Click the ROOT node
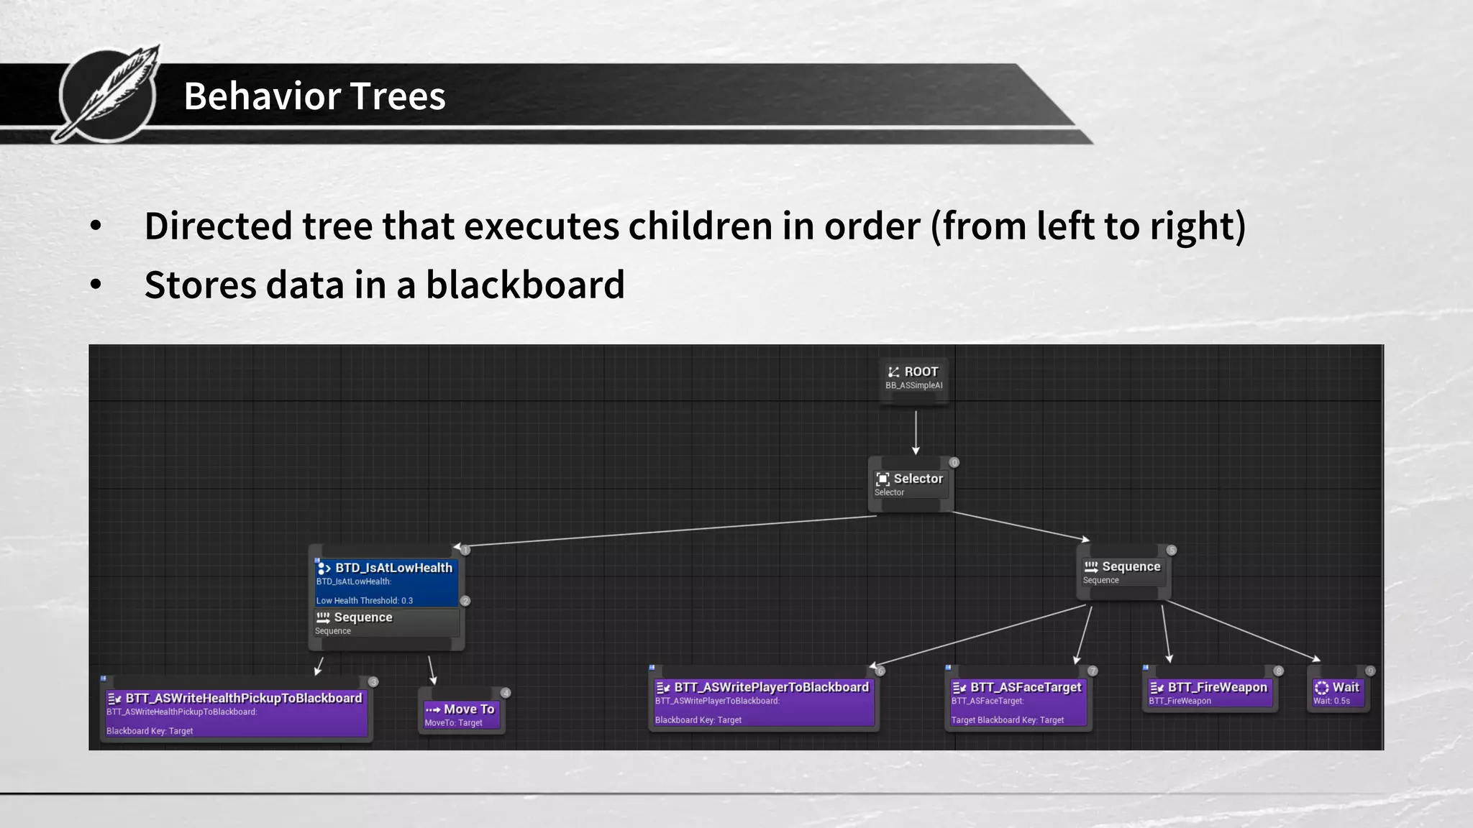click(x=913, y=377)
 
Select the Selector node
click(x=909, y=484)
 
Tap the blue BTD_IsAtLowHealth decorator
click(x=386, y=581)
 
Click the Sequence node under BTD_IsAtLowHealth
click(x=386, y=622)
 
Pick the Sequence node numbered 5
click(x=1123, y=572)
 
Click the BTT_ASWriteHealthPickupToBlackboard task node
click(x=236, y=712)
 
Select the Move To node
click(x=460, y=714)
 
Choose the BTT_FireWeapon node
click(x=1209, y=693)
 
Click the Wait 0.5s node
click(x=1337, y=693)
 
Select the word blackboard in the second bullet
click(x=525, y=285)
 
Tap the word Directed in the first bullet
click(x=218, y=226)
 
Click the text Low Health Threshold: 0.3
click(x=365, y=600)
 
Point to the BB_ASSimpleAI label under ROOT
click(x=913, y=386)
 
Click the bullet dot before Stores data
click(x=96, y=285)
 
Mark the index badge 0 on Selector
click(x=954, y=462)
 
